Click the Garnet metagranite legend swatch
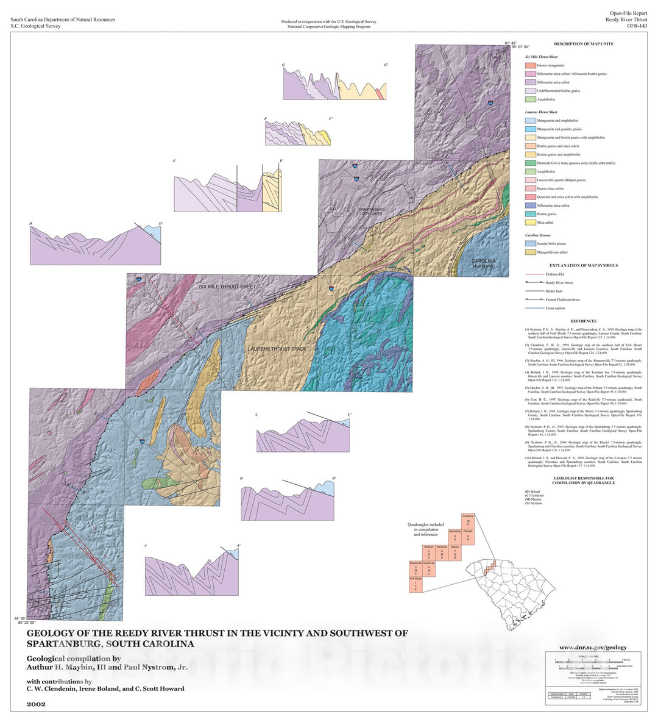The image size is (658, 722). tap(530, 65)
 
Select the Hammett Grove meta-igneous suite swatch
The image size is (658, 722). tap(530, 163)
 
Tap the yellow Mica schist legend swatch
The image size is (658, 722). tap(530, 223)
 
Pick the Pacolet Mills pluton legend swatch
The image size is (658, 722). tap(530, 243)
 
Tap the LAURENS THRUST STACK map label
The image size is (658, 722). tap(277, 349)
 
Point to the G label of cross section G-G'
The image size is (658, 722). tap(283, 65)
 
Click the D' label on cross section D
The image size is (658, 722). tap(160, 224)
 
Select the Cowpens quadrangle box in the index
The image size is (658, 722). tap(467, 522)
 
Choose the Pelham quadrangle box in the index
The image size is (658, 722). tap(428, 554)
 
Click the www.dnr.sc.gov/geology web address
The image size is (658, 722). tap(593, 648)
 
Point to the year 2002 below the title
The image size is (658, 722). tap(36, 704)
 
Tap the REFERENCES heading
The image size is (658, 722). tap(583, 321)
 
